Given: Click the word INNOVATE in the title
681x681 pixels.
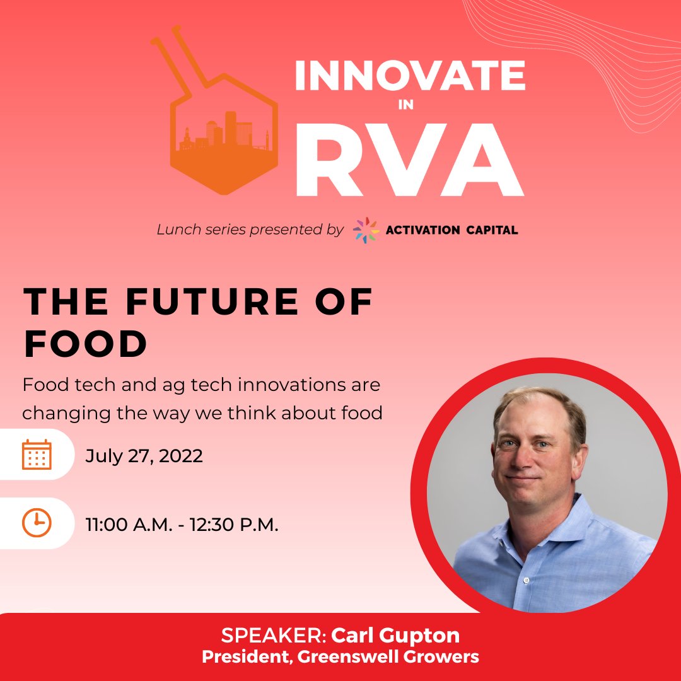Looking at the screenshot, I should [410, 76].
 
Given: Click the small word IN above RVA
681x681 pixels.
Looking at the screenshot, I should [406, 105].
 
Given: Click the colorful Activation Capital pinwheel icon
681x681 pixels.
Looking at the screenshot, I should [366, 230].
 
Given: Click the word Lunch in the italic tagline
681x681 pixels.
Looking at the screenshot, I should [179, 230].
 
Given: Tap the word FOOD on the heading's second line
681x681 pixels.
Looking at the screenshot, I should [86, 344].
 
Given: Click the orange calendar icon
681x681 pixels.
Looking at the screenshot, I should [37, 455].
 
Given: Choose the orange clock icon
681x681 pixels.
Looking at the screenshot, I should [37, 523].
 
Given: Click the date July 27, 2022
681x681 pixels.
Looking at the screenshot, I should [144, 455].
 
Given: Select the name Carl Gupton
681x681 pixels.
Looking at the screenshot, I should [395, 634].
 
